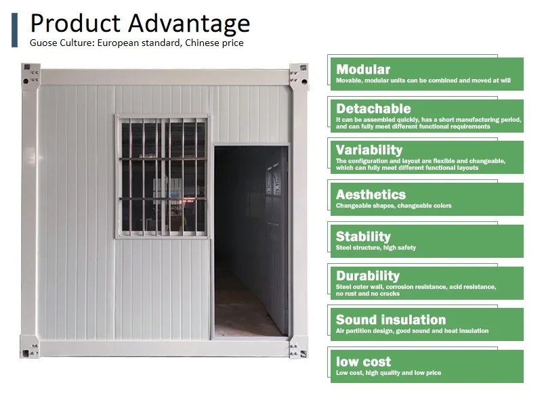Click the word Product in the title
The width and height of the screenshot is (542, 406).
[75, 24]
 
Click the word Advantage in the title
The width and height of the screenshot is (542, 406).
[189, 24]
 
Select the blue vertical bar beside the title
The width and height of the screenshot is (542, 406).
[14, 30]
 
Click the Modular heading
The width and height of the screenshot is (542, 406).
[363, 70]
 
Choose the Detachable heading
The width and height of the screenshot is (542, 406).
[373, 109]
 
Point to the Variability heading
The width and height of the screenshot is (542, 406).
[369, 150]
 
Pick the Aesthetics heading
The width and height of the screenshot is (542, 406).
[371, 195]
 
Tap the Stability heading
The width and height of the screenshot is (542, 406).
[363, 237]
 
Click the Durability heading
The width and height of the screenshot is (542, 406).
[368, 276]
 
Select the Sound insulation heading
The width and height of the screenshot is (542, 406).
[391, 319]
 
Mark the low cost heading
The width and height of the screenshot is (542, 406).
[363, 362]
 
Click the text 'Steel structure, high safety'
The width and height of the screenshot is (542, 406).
[376, 248]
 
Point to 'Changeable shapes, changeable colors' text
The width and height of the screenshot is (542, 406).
[394, 206]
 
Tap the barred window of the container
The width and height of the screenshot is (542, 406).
[163, 177]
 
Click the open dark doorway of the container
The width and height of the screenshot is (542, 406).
[251, 241]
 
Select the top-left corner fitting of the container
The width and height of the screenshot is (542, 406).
[30, 76]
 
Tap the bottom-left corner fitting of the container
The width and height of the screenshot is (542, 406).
[29, 347]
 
